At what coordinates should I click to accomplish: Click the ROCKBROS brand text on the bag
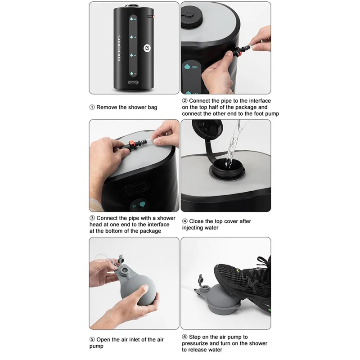coord(119,49)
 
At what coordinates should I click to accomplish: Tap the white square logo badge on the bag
coord(147,49)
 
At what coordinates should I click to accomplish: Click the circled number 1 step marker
coord(92,107)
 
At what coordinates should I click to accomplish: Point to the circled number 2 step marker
coord(185,101)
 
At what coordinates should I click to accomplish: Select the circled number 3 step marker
coord(92,218)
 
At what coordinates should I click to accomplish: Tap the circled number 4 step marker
coord(185,221)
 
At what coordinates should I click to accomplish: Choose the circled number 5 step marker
coord(92,340)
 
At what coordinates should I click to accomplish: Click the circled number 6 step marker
coord(185,337)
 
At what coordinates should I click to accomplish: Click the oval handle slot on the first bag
coord(133,83)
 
